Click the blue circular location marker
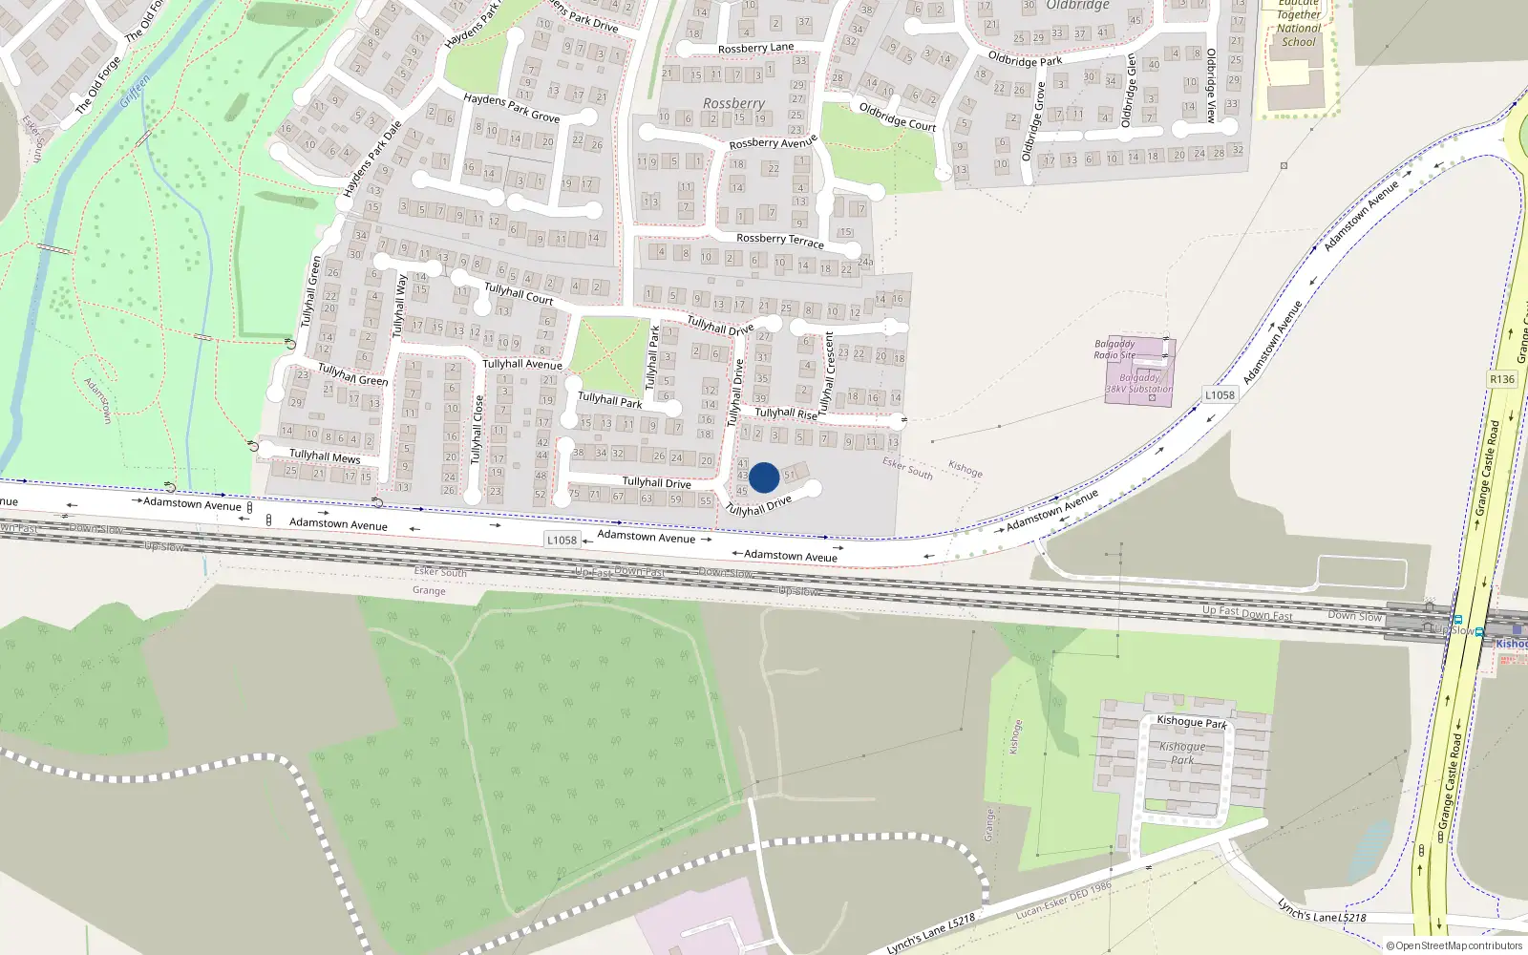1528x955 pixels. pos(764,477)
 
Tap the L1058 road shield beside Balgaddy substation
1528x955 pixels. pos(1220,394)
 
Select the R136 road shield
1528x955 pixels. pos(1502,379)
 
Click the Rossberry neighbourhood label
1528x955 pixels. pos(733,103)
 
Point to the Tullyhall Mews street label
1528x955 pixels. pos(325,456)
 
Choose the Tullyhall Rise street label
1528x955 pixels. pos(786,414)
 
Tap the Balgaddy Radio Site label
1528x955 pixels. pos(1114,349)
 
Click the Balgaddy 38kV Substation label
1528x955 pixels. pos(1139,383)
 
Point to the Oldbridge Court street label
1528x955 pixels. pos(897,117)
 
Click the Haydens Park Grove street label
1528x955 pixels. pos(511,107)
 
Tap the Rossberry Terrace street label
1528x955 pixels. pos(780,240)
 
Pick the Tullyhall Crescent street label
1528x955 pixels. pos(828,372)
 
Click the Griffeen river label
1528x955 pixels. pos(136,93)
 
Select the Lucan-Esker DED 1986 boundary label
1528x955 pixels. pos(1063,900)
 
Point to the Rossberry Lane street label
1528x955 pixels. pos(755,48)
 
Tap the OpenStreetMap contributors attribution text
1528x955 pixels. pos(1454,945)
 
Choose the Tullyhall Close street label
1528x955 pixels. pos(477,430)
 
